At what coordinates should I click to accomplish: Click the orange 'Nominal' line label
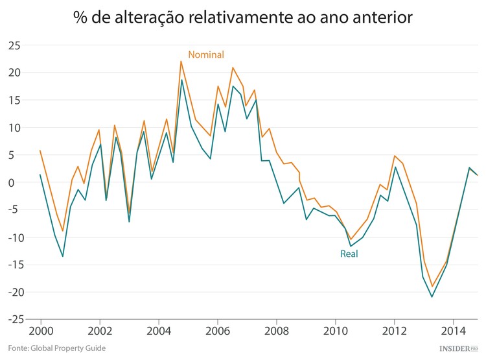click(x=205, y=55)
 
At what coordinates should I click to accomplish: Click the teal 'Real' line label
click(x=349, y=254)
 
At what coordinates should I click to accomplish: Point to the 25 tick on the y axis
click(x=14, y=45)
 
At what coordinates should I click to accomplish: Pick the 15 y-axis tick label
click(x=14, y=101)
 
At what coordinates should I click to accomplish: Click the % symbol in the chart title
click(x=81, y=18)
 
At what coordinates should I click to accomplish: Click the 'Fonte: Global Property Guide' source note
click(x=56, y=349)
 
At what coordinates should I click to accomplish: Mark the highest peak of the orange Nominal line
click(x=181, y=61)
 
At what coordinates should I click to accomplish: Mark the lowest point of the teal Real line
click(x=432, y=297)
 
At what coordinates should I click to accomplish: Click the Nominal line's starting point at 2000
click(x=40, y=150)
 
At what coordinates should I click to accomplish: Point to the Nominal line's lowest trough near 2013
click(x=432, y=287)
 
